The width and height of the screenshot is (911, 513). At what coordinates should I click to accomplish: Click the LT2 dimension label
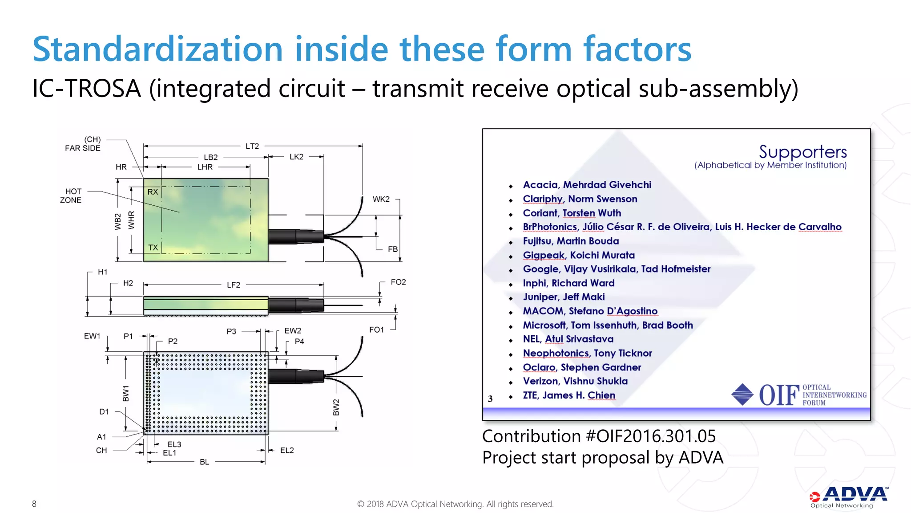click(x=252, y=146)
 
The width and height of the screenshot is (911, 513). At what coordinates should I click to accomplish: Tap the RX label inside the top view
click(x=153, y=192)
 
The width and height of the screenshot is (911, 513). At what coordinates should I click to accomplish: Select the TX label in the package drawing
click(x=153, y=248)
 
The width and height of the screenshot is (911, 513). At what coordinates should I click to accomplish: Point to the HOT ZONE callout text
click(x=71, y=196)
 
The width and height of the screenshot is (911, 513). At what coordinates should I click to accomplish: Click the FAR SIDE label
click(x=83, y=148)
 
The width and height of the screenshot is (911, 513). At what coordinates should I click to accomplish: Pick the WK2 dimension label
click(x=381, y=199)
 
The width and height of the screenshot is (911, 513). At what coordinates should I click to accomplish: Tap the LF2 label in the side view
click(x=234, y=285)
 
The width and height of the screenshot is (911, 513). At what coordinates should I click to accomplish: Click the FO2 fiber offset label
click(x=398, y=282)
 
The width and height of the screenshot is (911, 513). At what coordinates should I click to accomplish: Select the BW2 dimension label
click(x=336, y=407)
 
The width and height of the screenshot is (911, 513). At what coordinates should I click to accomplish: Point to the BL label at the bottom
click(x=204, y=462)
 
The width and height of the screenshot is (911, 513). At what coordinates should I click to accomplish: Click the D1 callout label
click(x=104, y=412)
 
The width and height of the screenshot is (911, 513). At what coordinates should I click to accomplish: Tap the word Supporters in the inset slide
click(x=802, y=152)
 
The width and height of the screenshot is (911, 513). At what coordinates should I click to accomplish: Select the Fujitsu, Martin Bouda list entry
click(x=571, y=241)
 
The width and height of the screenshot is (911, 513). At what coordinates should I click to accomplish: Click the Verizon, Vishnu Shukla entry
click(x=575, y=381)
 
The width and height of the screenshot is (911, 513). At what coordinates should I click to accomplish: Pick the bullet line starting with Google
click(x=617, y=269)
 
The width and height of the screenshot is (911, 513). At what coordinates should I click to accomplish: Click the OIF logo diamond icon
click(x=742, y=395)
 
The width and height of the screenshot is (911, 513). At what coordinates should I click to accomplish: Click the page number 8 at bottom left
click(x=34, y=504)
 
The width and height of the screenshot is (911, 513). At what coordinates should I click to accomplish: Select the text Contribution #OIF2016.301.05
click(x=599, y=436)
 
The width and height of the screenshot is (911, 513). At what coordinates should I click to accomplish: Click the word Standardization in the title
click(x=158, y=49)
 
